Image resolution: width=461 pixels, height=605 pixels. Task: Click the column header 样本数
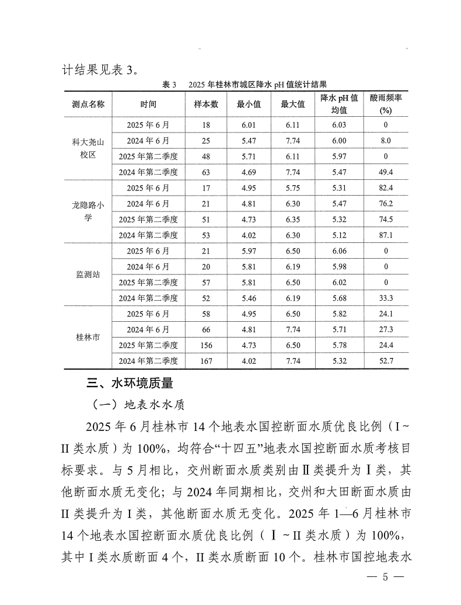[x=206, y=105]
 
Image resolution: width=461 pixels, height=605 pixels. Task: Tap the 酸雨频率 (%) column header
[x=385, y=105]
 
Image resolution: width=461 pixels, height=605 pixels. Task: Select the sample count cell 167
[x=206, y=361]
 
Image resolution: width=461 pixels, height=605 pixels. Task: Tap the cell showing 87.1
[x=385, y=235]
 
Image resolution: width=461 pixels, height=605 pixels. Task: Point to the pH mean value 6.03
[x=339, y=124]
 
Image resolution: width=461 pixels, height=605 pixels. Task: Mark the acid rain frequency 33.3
[x=385, y=298]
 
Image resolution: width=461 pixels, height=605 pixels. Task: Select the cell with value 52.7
[x=385, y=361]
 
